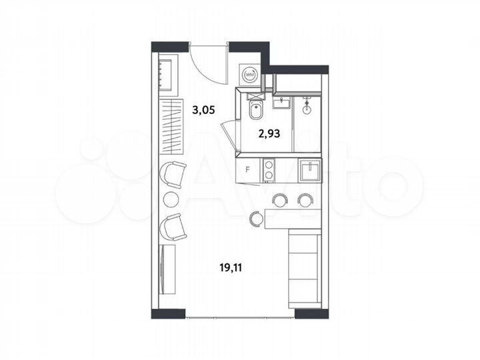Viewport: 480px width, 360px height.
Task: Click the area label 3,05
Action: [x=204, y=111]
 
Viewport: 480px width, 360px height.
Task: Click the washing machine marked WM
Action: [x=249, y=75]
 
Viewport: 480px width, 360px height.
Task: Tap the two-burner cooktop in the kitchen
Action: [x=269, y=169]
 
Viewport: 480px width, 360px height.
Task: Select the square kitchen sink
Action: [x=309, y=172]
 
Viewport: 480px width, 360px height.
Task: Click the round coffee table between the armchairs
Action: [x=171, y=198]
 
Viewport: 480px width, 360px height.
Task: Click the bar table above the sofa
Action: [x=293, y=216]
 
